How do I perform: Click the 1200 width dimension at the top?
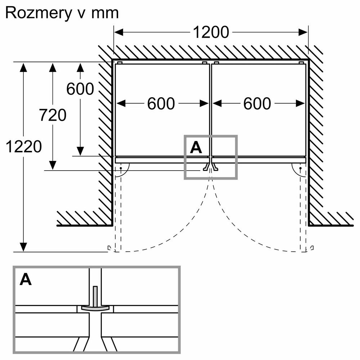pyautogui.click(x=211, y=32)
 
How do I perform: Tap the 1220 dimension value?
pyautogui.click(x=24, y=147)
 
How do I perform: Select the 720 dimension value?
pyautogui.click(x=53, y=115)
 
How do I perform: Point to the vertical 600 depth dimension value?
pyautogui.click(x=80, y=89)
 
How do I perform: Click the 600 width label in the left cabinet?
pyautogui.click(x=161, y=104)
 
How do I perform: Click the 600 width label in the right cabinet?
pyautogui.click(x=257, y=104)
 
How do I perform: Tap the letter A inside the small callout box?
pyautogui.click(x=196, y=147)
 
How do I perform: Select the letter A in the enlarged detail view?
pyautogui.click(x=26, y=280)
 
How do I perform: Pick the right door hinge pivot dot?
pyautogui.click(x=300, y=168)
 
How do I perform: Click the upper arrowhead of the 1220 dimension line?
pyautogui.click(x=23, y=66)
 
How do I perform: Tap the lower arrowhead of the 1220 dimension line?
pyautogui.click(x=23, y=247)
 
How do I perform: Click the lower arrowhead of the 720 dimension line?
pyautogui.click(x=53, y=166)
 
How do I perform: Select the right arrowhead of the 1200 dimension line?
pyautogui.click(x=303, y=32)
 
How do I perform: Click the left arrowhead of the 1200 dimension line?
pyautogui.click(x=118, y=32)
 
